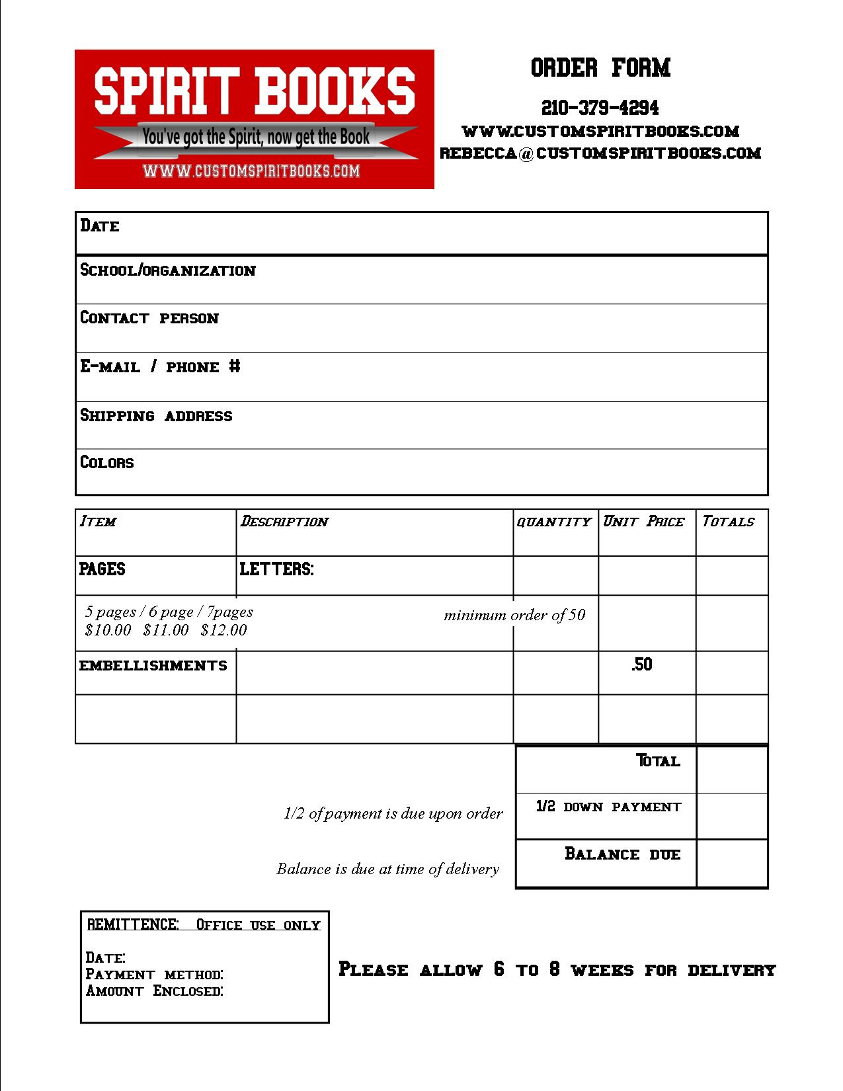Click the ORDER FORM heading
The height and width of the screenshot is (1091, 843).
pos(600,67)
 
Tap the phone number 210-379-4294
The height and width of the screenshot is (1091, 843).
pos(600,107)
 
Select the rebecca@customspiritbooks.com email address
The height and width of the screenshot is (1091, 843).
pos(600,153)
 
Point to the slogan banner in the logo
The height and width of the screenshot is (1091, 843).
pos(256,138)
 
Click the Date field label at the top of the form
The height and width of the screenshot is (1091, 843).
pos(100,226)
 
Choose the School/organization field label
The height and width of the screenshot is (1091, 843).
pos(167,270)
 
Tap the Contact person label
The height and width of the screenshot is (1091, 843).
pos(149,318)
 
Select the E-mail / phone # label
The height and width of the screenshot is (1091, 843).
pos(160,367)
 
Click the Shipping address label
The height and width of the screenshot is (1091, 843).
pos(156,416)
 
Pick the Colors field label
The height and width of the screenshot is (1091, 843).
pos(106,462)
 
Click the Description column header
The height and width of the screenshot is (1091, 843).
pos(284,522)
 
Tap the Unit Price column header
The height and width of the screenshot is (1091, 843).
pos(643,522)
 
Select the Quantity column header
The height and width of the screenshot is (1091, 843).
pos(553,522)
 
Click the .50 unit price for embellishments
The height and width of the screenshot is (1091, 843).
pos(641,665)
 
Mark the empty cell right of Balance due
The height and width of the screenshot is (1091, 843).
pos(732,863)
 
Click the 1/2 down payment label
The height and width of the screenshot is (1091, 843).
pos(608,807)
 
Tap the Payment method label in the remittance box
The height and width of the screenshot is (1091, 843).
pos(154,975)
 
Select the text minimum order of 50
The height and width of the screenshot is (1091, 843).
pos(514,616)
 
